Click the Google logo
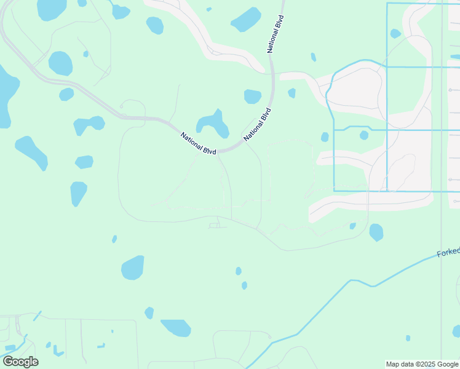pyautogui.click(x=20, y=362)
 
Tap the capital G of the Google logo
pyautogui.click(x=9, y=362)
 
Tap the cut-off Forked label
pyautogui.click(x=448, y=253)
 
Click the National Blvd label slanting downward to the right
pyautogui.click(x=198, y=143)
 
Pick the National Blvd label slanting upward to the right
pyautogui.click(x=257, y=125)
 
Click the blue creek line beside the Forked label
pyautogui.click(x=406, y=269)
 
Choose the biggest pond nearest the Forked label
pyautogui.click(x=376, y=232)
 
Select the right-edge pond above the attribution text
pyautogui.click(x=456, y=331)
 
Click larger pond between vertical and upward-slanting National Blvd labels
pyautogui.click(x=252, y=97)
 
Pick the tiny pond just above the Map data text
pyautogui.click(x=408, y=338)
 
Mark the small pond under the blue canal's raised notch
pyautogui.click(x=363, y=135)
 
